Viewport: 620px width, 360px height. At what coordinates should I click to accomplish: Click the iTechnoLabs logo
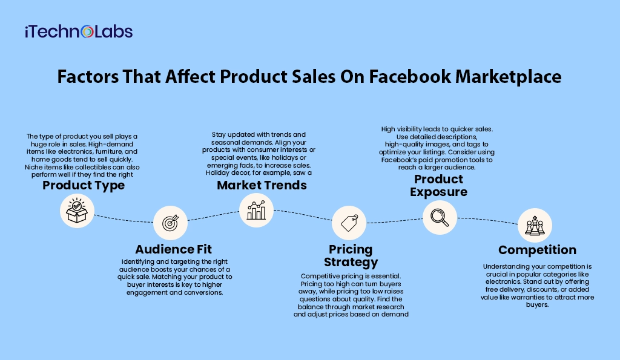[79, 31]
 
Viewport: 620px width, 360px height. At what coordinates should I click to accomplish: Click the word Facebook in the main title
[410, 76]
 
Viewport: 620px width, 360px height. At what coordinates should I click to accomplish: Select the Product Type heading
[84, 185]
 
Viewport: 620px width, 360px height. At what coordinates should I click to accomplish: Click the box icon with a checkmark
[77, 211]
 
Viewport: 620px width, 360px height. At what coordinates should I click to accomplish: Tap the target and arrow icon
[170, 223]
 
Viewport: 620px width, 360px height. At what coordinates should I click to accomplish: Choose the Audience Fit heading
[174, 249]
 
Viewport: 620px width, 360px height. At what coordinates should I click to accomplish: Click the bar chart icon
[256, 210]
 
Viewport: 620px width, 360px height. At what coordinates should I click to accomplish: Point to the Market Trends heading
[262, 185]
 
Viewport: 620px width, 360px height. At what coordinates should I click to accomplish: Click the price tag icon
[349, 223]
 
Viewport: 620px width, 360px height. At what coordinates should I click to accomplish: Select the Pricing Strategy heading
[351, 256]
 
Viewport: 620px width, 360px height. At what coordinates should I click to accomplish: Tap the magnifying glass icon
[440, 218]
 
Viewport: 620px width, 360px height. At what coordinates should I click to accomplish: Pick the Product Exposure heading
[438, 185]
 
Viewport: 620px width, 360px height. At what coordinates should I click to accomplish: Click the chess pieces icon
[535, 225]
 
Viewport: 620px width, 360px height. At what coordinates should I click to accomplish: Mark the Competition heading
[538, 250]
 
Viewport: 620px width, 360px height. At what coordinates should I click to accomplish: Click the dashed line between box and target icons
[124, 220]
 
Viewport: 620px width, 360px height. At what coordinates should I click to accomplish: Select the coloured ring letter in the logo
[87, 31]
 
